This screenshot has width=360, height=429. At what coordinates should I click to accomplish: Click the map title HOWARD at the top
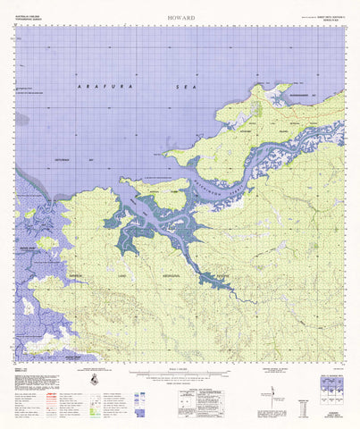point(180,16)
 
